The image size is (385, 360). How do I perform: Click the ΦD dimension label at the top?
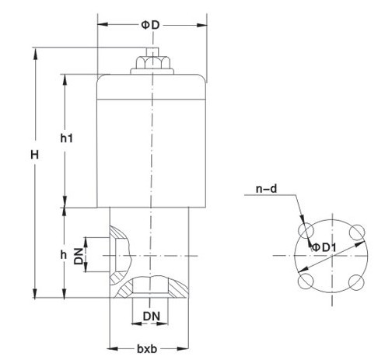(151, 25)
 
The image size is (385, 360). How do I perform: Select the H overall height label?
(34, 155)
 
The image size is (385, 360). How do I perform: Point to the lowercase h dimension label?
(64, 255)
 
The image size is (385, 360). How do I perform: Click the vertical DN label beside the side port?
(79, 256)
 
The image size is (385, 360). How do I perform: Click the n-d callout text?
(265, 187)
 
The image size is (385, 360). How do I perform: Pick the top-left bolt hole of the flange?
(306, 231)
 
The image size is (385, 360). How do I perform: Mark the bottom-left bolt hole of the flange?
(306, 281)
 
